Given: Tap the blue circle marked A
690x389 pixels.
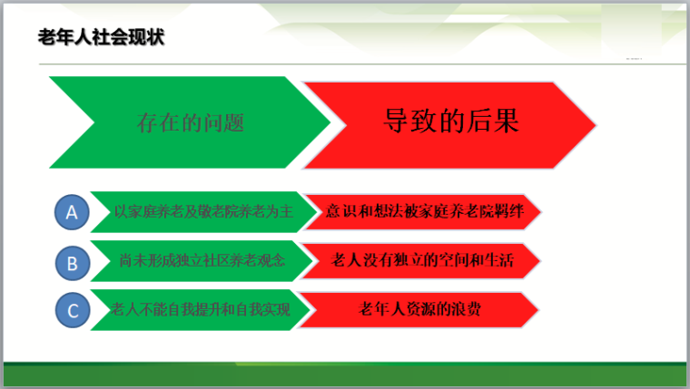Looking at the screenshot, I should coord(72,213).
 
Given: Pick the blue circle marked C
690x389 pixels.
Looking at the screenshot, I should coord(72,311).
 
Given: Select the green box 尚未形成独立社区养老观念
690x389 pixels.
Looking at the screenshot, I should coord(201,261).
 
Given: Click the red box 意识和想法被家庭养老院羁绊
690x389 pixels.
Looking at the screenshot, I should coord(422,212).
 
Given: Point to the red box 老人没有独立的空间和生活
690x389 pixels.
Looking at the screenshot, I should coord(422,261).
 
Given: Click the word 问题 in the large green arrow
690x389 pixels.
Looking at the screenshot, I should coord(227,122).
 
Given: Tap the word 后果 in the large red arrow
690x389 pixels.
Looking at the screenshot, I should coord(496,122).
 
